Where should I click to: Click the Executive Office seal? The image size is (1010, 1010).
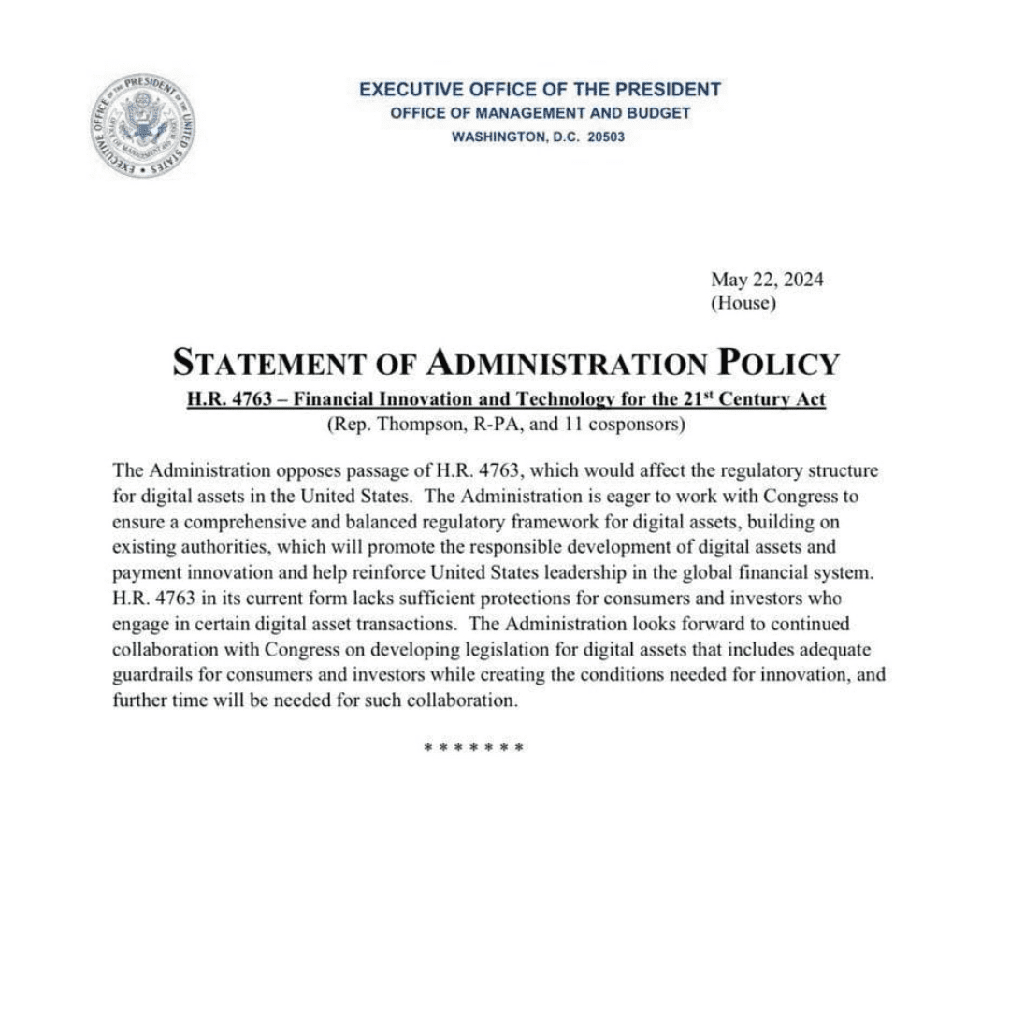(x=142, y=125)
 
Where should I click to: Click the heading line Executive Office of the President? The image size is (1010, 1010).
(x=540, y=90)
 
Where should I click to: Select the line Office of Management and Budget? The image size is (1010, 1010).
(x=540, y=113)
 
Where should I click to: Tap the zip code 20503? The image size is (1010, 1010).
(x=605, y=137)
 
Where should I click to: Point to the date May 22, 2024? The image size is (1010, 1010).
(x=767, y=279)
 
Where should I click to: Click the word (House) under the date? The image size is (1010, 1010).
(x=743, y=303)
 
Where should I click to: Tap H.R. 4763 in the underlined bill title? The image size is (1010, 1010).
(x=228, y=400)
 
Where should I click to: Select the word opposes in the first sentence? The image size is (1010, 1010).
(x=311, y=469)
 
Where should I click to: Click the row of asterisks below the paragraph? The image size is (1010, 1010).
(x=473, y=747)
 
